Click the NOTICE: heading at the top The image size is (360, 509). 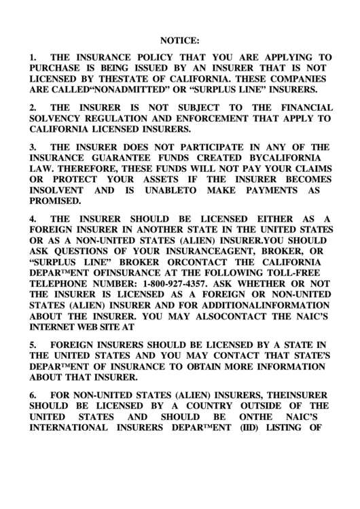(180, 40)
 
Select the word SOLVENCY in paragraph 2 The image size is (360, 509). (55, 118)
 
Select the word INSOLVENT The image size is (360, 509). (56, 190)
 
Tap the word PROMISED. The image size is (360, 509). (55, 201)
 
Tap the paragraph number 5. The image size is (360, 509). (33, 345)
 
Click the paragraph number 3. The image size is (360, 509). (33, 147)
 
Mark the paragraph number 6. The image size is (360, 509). (33, 395)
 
